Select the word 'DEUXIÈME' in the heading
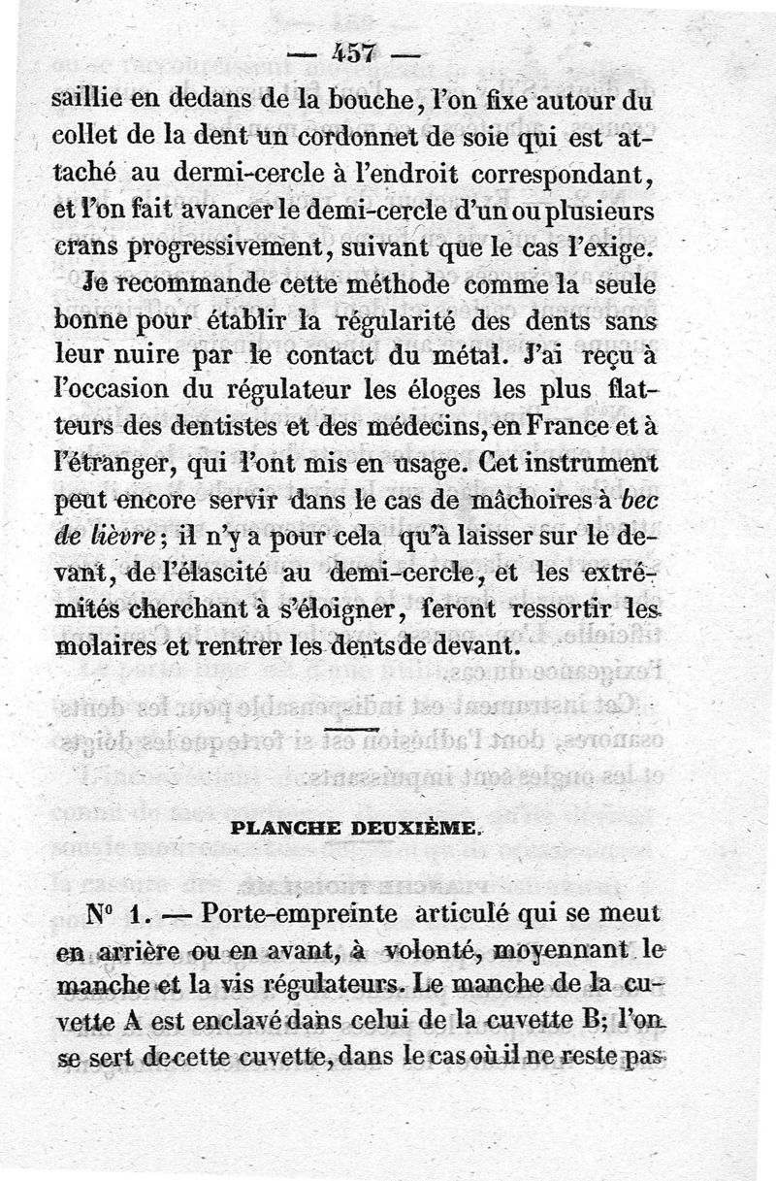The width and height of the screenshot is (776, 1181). pos(420,828)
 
